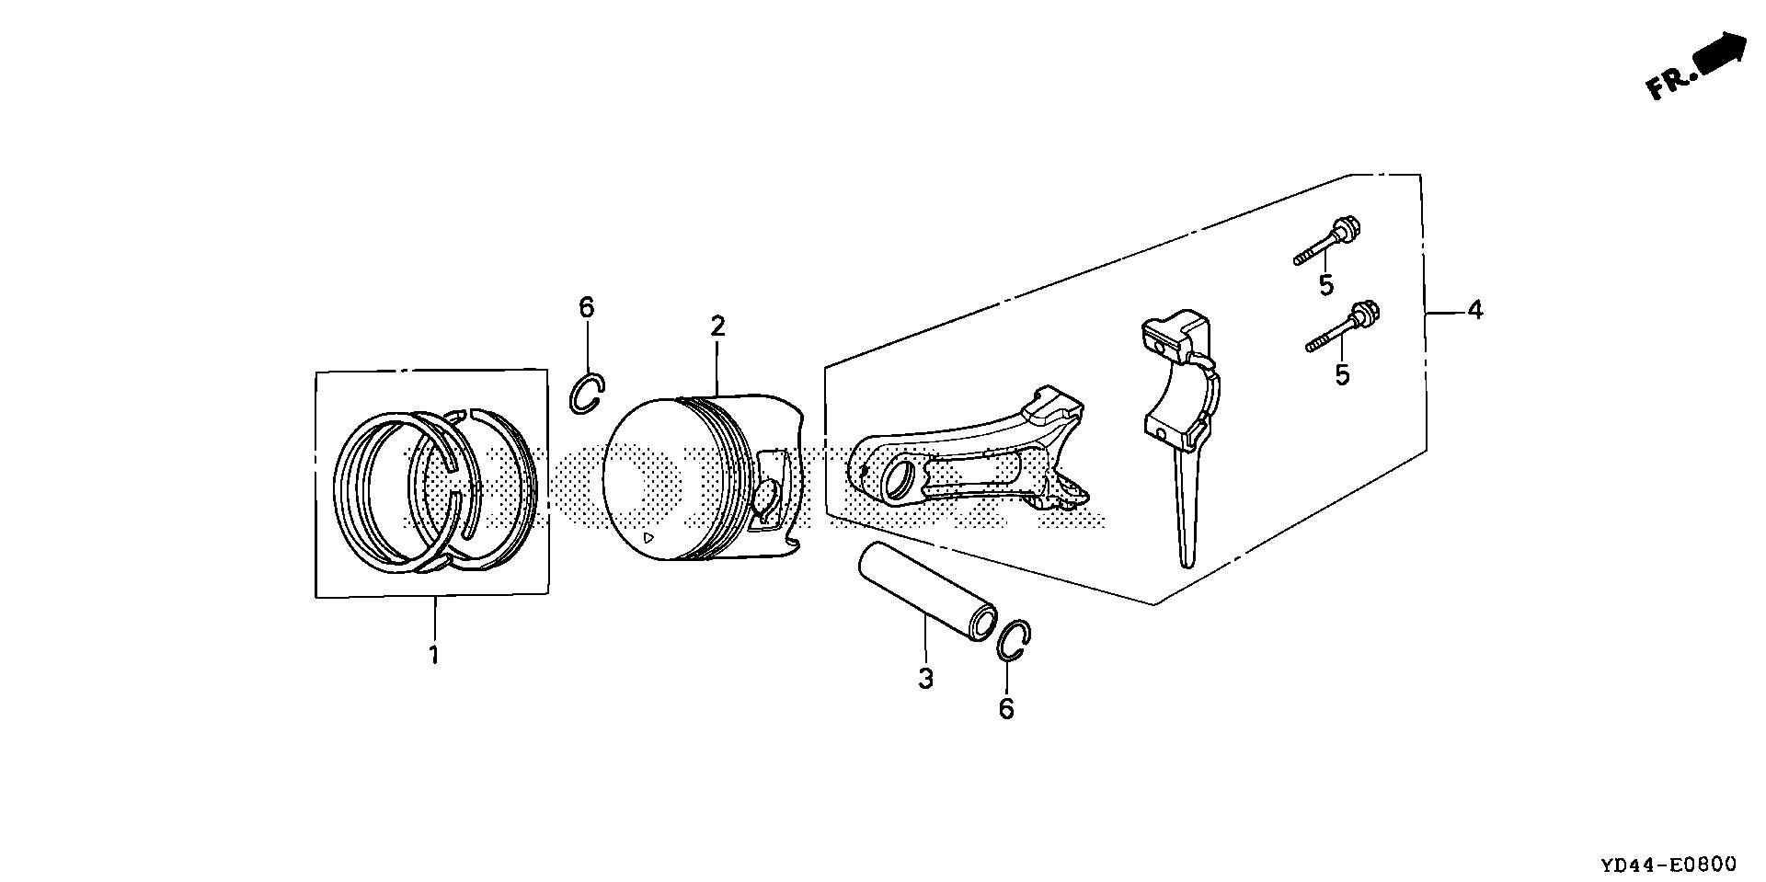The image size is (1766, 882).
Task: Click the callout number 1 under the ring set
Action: [432, 656]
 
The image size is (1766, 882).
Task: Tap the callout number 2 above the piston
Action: [717, 326]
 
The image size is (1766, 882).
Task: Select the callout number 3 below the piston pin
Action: [925, 679]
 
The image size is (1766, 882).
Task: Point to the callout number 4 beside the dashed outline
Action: [1474, 311]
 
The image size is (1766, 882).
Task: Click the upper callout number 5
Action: [1325, 285]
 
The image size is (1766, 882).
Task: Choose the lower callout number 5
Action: [1342, 374]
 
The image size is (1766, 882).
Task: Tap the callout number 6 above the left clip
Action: [587, 307]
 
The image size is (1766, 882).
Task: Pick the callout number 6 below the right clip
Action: [1006, 708]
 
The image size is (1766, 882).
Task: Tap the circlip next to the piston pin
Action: [1014, 641]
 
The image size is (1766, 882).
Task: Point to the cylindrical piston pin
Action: [926, 590]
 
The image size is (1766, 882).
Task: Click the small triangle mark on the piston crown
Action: [648, 538]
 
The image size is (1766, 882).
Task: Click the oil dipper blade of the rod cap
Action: [1186, 515]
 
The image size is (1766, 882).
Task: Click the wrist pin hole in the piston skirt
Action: [767, 498]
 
